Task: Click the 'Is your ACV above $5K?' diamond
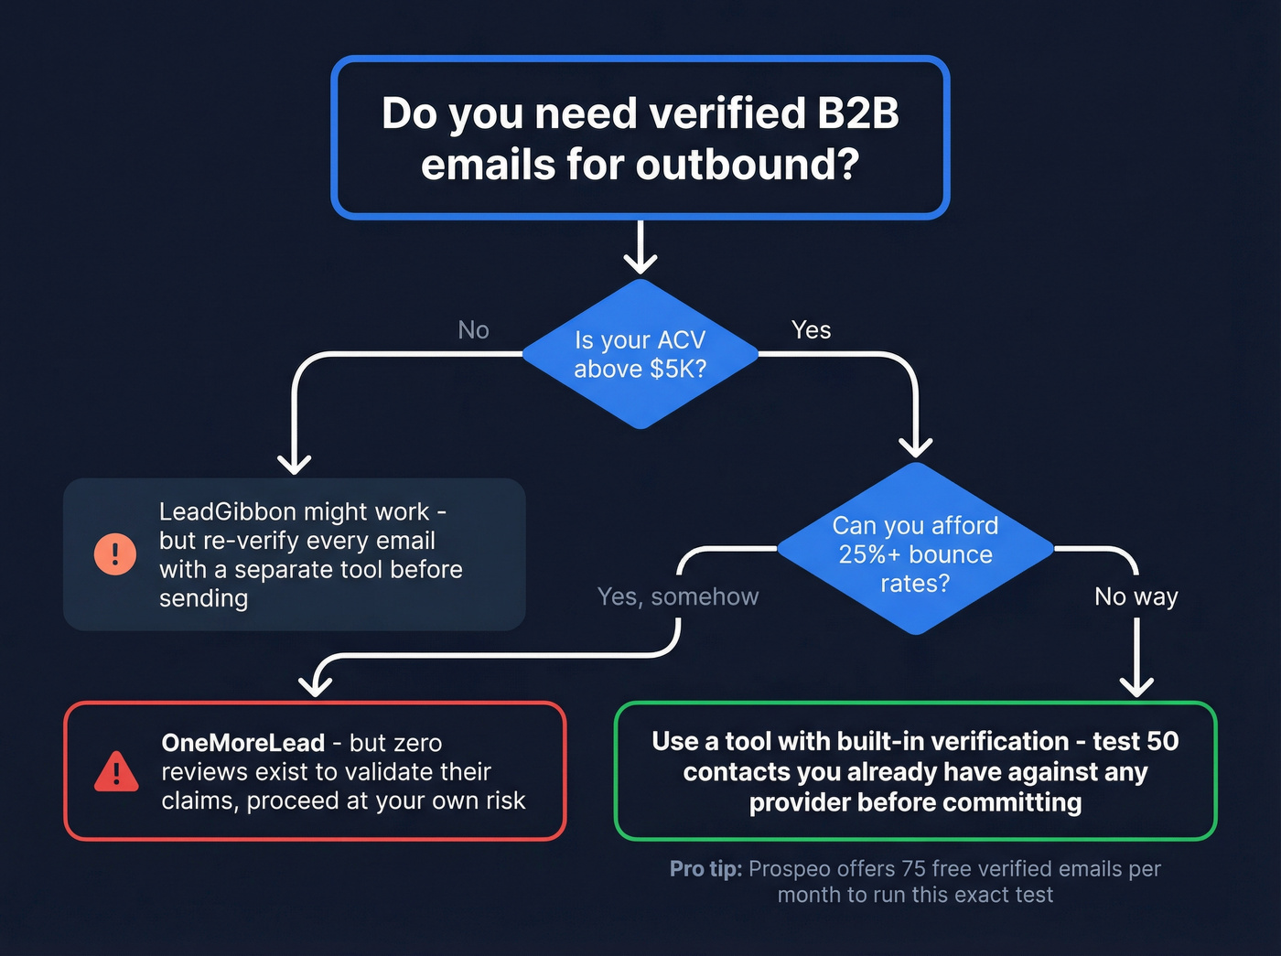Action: [640, 354]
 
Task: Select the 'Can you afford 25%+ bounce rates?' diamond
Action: [915, 550]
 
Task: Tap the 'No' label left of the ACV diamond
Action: [473, 330]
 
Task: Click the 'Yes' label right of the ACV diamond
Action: [811, 330]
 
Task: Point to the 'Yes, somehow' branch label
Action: [677, 596]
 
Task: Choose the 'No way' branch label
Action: [1136, 596]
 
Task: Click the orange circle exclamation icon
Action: [115, 553]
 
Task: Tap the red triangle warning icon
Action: [116, 772]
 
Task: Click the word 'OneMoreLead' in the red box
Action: [242, 743]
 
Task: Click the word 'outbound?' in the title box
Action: [748, 166]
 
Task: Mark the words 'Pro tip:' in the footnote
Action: [705, 869]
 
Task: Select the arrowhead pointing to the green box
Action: [1136, 687]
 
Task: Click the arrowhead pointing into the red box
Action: [316, 684]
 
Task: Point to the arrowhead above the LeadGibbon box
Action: [294, 464]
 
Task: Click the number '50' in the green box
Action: [1162, 741]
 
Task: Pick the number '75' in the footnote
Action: [914, 869]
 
